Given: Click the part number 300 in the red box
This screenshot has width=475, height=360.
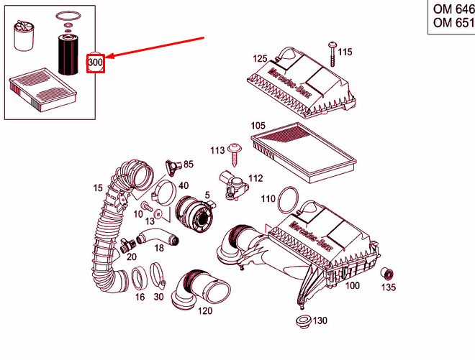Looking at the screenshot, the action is pos(96,63).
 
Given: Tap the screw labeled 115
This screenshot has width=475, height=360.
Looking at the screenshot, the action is pos(332,55).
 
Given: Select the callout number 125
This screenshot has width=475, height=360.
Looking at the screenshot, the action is pos(260,58).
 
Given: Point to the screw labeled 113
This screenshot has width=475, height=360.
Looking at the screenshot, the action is pos(235,154).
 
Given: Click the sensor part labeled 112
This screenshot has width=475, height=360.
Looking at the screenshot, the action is pos(234,184).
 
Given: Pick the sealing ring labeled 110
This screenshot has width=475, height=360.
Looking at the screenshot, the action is pos(287,200).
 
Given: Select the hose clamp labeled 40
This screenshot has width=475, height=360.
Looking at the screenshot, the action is pos(163,193).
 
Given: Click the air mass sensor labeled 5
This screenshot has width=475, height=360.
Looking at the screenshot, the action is pos(194,214).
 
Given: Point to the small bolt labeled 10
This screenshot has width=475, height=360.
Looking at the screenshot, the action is pos(148,206).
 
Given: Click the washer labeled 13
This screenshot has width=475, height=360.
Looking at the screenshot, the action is pos(158,214).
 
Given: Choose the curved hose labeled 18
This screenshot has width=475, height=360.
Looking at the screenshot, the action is pos(157,237).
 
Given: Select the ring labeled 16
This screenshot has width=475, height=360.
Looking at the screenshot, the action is pos(140,279).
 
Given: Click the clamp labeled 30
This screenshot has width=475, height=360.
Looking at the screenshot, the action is pos(158,276).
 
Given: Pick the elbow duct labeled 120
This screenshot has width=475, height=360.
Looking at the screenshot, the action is pos(200,289).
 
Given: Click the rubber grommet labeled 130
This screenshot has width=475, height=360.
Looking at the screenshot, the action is pos(303,320).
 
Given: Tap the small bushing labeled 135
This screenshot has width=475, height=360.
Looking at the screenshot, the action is pos(387,274).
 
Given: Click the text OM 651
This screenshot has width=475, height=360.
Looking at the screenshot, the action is pos(454,22).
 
